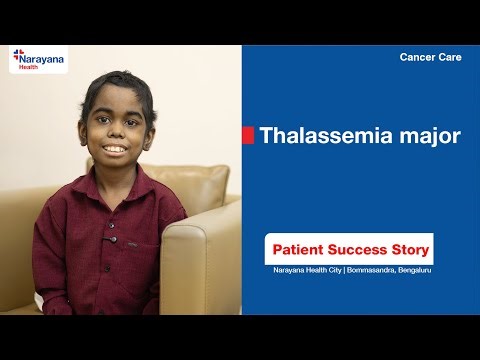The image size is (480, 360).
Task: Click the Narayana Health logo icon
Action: point(18,57)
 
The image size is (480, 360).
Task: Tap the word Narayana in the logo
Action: point(43,58)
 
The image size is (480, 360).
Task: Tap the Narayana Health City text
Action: point(308,270)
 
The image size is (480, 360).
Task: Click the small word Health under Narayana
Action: point(30,67)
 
